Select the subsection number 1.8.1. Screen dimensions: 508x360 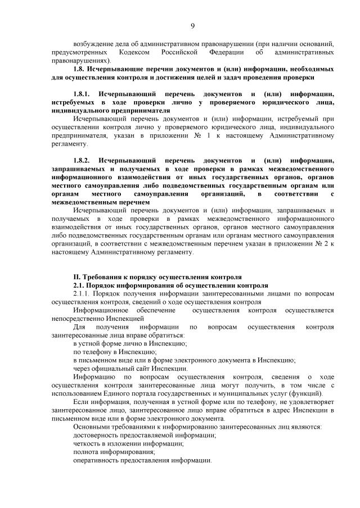pos(84,94)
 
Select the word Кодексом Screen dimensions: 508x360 pos(135,52)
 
